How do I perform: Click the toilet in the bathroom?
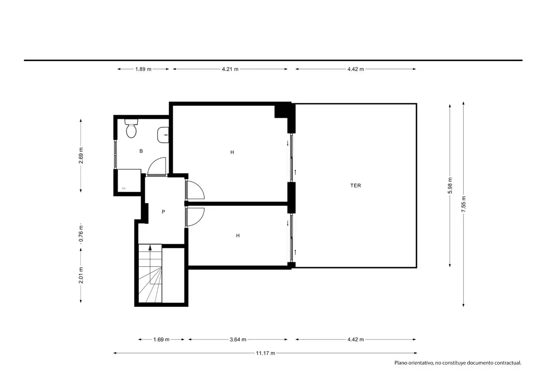[131, 128]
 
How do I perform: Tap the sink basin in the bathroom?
[163, 135]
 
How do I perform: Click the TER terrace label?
[356, 186]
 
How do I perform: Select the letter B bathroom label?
[141, 151]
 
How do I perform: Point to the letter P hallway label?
[163, 212]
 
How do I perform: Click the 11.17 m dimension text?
[266, 353]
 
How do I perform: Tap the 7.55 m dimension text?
[464, 204]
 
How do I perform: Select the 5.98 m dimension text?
[450, 186]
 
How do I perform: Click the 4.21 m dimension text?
[230, 69]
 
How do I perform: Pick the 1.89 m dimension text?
[143, 69]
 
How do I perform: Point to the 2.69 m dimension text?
[81, 155]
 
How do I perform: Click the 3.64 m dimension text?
[238, 340]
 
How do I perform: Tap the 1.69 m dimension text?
[161, 340]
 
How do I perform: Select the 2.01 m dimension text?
[81, 275]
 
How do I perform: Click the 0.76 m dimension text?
[81, 234]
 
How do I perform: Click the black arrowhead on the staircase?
[150, 247]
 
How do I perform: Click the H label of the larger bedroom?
[232, 152]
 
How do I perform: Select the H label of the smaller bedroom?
[238, 235]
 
